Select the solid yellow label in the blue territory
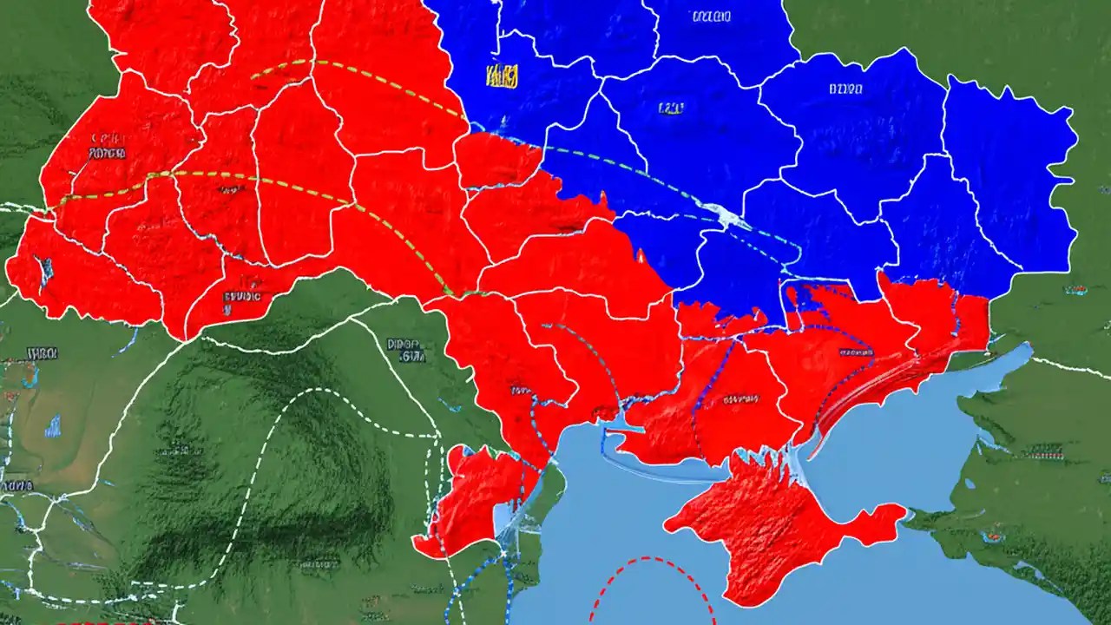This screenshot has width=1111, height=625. click(502, 76)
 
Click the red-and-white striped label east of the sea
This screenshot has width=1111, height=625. click(1042, 452)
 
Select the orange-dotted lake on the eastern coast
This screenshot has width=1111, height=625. click(989, 536)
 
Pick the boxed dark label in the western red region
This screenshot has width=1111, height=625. click(106, 153)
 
